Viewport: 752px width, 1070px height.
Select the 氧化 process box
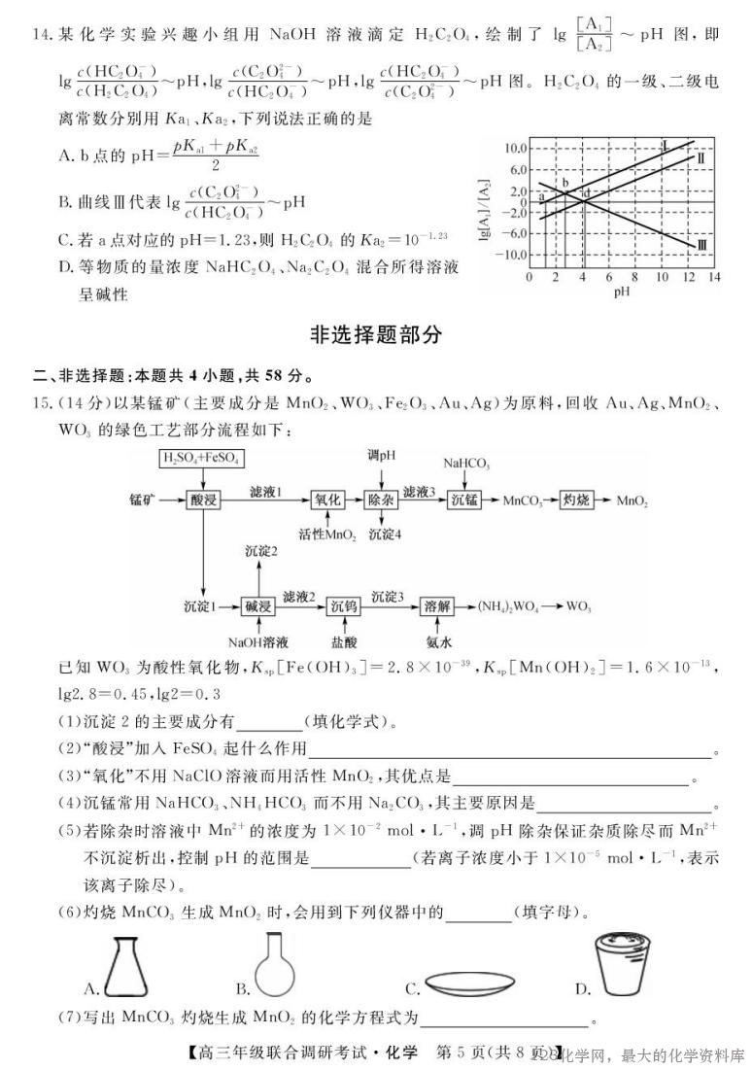pyautogui.click(x=328, y=500)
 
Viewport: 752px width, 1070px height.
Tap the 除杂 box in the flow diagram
pyautogui.click(x=382, y=500)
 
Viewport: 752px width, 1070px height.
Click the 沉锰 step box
pyautogui.click(x=466, y=500)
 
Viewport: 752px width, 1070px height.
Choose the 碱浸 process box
pyautogui.click(x=259, y=604)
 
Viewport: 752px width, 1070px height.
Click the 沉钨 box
pyautogui.click(x=342, y=604)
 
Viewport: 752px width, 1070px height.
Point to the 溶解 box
pyautogui.click(x=438, y=604)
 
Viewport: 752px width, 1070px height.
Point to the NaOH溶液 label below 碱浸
pyautogui.click(x=257, y=641)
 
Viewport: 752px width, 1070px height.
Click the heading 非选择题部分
pyautogui.click(x=375, y=335)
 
